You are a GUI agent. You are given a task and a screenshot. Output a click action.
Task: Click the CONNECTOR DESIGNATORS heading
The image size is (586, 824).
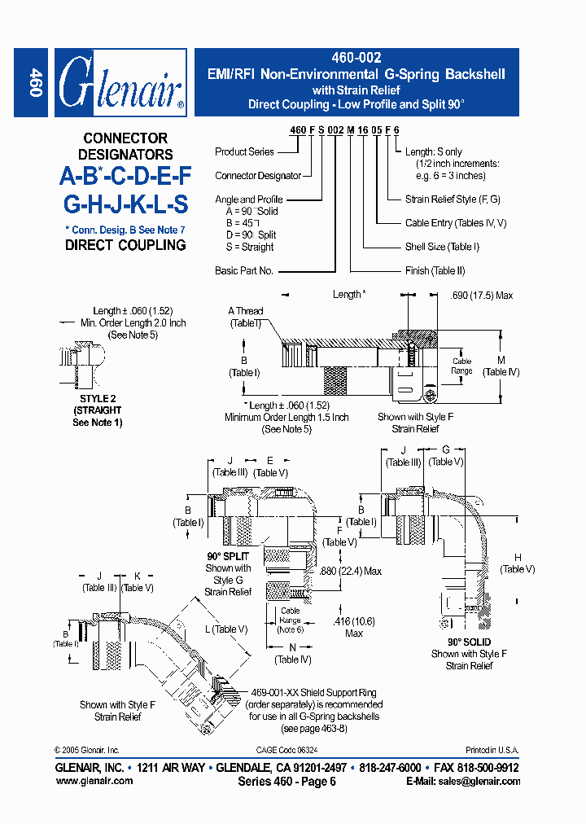tap(125, 147)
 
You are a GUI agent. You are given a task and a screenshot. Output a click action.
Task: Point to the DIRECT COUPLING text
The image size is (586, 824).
tap(125, 245)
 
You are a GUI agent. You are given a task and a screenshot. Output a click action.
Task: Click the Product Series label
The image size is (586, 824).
tap(244, 152)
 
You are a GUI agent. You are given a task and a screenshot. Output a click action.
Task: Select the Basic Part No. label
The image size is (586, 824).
tap(243, 270)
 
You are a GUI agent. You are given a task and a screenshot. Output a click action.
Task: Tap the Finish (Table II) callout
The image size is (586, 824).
tap(435, 270)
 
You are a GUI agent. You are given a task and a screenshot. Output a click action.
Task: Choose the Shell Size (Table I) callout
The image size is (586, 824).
tap(442, 247)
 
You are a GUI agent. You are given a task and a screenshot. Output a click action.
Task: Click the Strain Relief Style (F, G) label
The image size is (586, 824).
tap(453, 199)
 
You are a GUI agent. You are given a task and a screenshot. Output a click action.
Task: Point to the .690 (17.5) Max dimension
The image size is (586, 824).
tap(481, 296)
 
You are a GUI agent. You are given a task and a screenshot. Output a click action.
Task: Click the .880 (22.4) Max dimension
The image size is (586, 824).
tap(351, 572)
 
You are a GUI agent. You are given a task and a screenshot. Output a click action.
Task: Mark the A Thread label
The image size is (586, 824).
tap(245, 311)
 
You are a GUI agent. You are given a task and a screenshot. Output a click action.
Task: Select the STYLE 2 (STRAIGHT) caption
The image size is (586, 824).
tap(97, 405)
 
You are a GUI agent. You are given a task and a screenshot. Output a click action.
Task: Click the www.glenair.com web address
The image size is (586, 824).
tap(94, 781)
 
